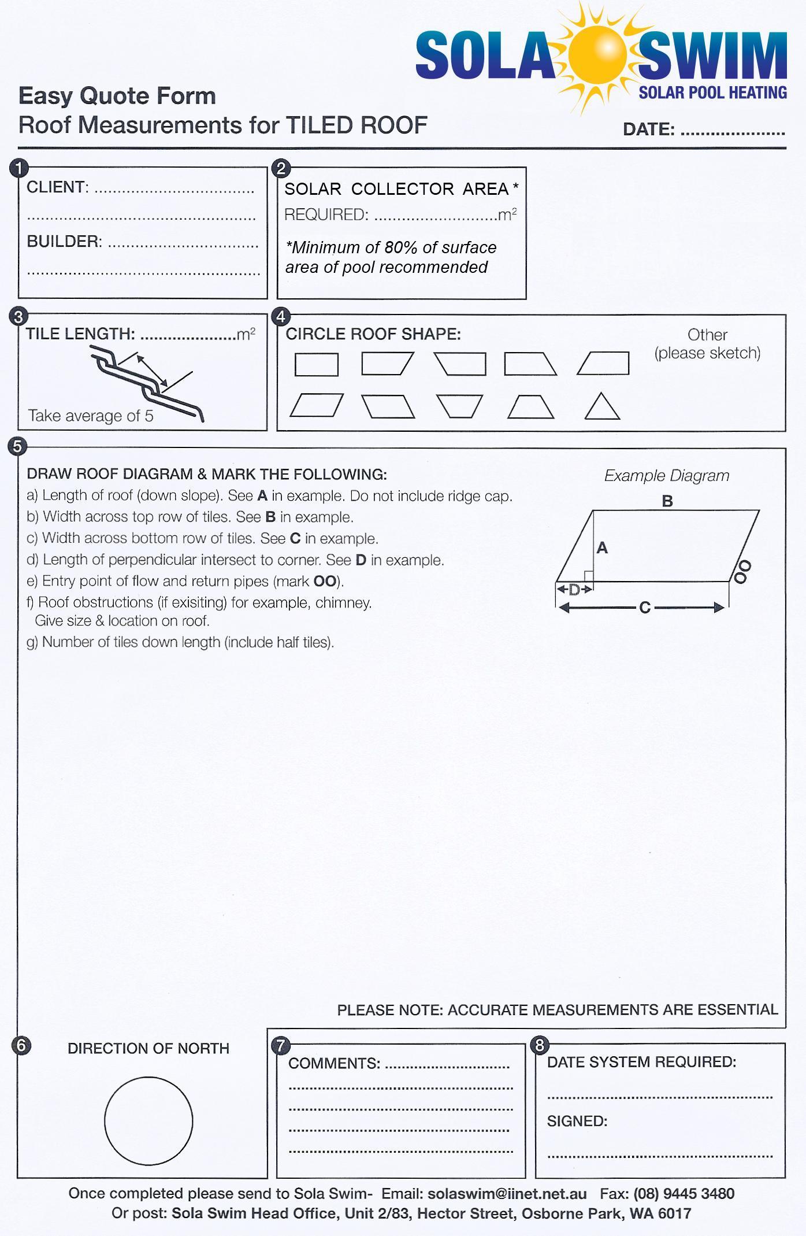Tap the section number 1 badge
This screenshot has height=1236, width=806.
click(19, 168)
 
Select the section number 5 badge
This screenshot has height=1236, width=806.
click(18, 446)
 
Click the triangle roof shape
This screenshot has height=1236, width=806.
click(602, 407)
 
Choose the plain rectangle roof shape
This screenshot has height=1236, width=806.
click(316, 365)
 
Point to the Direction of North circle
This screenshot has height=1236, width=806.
click(148, 1121)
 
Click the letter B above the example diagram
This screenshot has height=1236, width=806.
click(667, 501)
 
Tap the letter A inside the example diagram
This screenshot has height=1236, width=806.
click(602, 547)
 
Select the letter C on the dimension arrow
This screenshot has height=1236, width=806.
click(645, 608)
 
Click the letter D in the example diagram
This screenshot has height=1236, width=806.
click(574, 590)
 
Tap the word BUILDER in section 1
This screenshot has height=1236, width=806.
click(64, 242)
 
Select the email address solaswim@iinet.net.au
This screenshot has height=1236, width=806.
click(507, 1194)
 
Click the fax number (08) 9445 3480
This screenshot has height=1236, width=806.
click(684, 1194)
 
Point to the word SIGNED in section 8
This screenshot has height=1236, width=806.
click(577, 1122)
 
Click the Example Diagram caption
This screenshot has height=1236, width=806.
click(667, 476)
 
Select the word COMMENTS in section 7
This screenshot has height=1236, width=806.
click(334, 1063)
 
